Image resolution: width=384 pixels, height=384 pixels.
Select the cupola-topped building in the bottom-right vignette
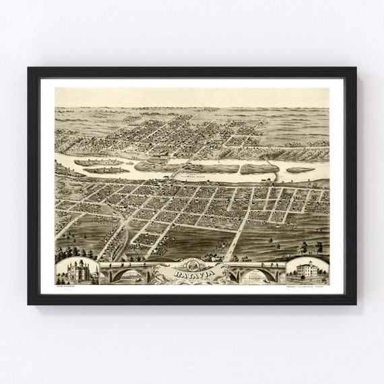click(x=307, y=273)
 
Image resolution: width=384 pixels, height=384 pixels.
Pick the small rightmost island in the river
click(x=300, y=170)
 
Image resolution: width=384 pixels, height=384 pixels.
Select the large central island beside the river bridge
click(x=212, y=168)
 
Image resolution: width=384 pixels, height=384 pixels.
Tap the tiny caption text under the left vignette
click(x=67, y=288)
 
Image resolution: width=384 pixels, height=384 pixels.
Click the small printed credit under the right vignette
click(x=307, y=288)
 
